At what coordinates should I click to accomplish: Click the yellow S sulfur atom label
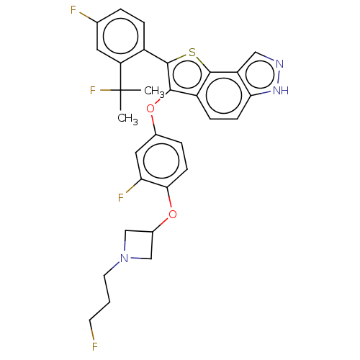coord(192,53)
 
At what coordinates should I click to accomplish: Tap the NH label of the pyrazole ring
coord(281,91)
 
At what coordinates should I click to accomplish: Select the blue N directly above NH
coord(279,64)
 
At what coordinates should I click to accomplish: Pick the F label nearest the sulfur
coord(93,90)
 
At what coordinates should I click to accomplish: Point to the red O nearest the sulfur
coord(150,109)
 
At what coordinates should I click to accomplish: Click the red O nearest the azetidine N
coord(172,214)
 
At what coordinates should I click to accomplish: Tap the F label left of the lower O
coord(122,197)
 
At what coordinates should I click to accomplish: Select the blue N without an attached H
coord(125,258)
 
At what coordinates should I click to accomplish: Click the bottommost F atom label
coord(94,347)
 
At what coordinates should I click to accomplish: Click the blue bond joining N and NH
coord(280,77)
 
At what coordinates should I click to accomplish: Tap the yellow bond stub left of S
coord(181,57)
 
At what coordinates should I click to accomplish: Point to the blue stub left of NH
coord(266,93)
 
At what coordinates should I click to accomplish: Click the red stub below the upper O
coord(152,120)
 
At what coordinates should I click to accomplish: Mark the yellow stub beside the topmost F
coord(84,14)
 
